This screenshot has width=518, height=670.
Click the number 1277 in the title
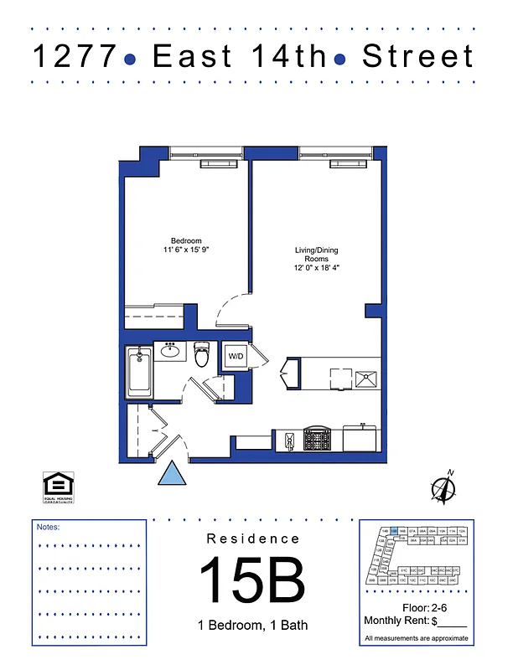[74, 56]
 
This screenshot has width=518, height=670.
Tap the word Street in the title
[417, 56]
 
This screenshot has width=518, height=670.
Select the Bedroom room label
[186, 240]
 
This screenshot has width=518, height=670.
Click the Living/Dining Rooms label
[316, 255]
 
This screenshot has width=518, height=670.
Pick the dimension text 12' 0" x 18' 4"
[316, 269]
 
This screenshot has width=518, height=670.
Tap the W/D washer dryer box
[236, 356]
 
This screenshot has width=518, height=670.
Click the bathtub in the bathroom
[139, 374]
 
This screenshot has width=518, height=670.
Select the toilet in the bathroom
[202, 355]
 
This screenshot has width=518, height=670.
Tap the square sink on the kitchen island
[366, 378]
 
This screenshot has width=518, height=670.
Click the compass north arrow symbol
[442, 487]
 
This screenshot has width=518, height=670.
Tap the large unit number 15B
[251, 579]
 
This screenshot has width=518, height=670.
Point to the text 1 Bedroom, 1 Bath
[252, 625]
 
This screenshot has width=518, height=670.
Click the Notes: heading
[49, 528]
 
